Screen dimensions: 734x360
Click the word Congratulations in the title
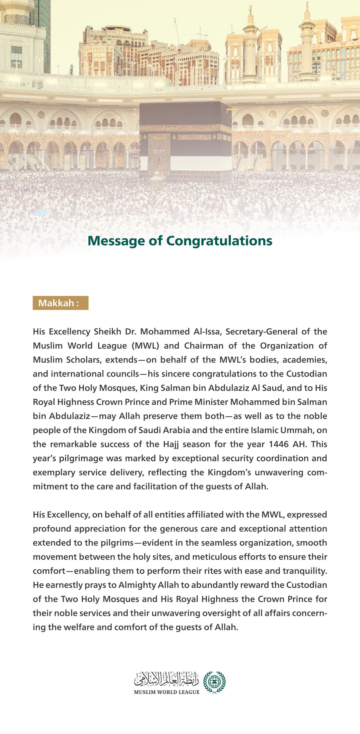point(219,241)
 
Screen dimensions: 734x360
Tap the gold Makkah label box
point(61,303)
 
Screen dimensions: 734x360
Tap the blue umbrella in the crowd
point(43,212)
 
